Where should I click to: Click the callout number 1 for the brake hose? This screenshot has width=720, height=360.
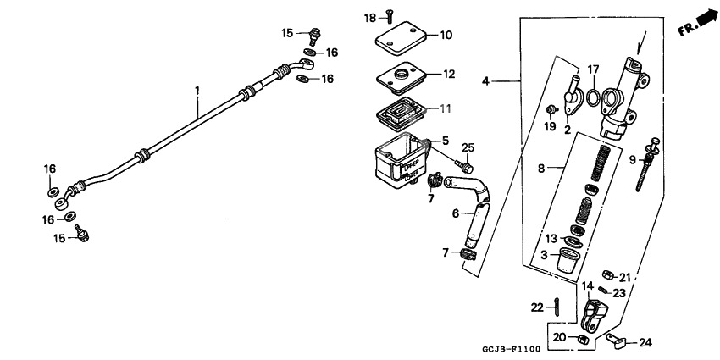tap(197, 89)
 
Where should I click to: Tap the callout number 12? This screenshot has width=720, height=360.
tap(448, 75)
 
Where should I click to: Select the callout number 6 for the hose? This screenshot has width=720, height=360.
tap(456, 213)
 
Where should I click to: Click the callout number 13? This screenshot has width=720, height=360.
tap(551, 239)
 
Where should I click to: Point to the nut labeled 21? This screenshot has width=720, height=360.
tap(608, 275)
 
